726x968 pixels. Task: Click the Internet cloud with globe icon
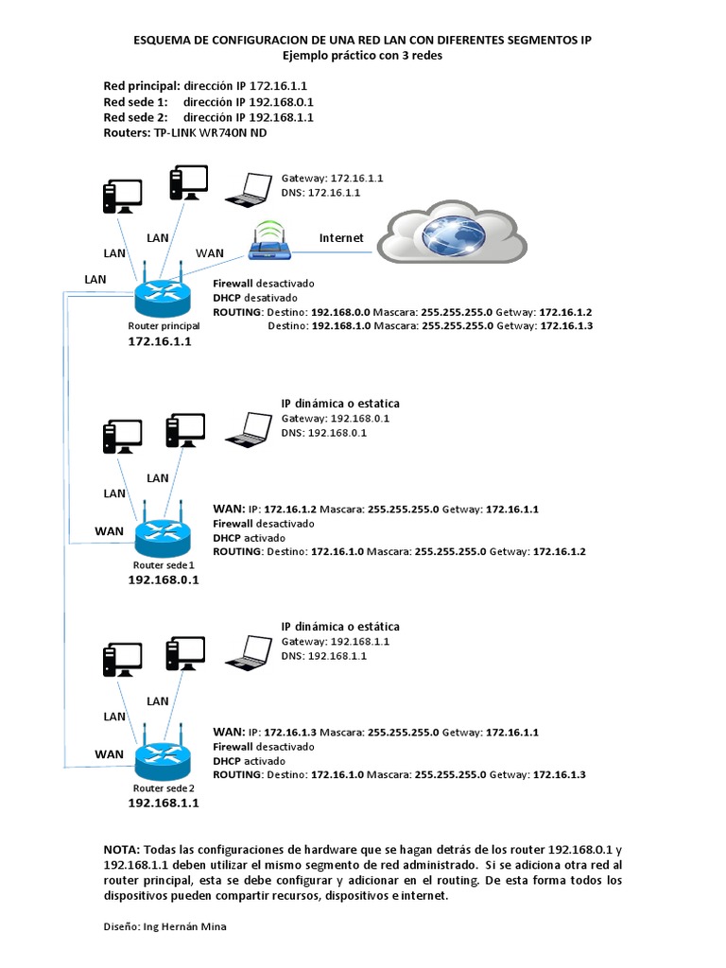(x=454, y=234)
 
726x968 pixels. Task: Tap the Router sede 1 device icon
(x=162, y=537)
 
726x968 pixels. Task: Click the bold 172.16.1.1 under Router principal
(x=160, y=342)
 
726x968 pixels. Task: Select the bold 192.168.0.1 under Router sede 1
(x=163, y=579)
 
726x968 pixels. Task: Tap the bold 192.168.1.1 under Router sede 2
(x=163, y=803)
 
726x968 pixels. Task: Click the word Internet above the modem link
(x=341, y=238)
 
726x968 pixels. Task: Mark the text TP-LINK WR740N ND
(x=209, y=133)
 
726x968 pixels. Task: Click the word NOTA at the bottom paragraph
(x=121, y=850)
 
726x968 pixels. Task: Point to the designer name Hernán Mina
(x=194, y=926)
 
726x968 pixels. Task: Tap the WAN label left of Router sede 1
(x=109, y=531)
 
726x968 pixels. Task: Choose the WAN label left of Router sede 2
(x=109, y=753)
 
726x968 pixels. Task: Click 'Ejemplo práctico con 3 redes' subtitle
(x=363, y=56)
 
